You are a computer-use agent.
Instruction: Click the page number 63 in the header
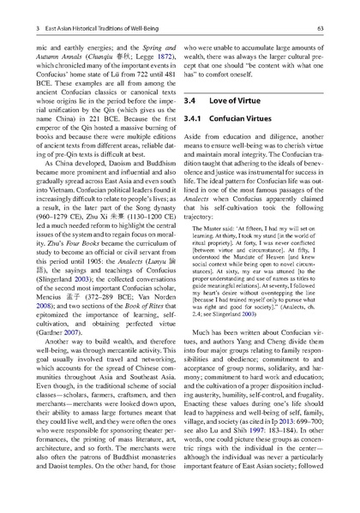tap(319, 29)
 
